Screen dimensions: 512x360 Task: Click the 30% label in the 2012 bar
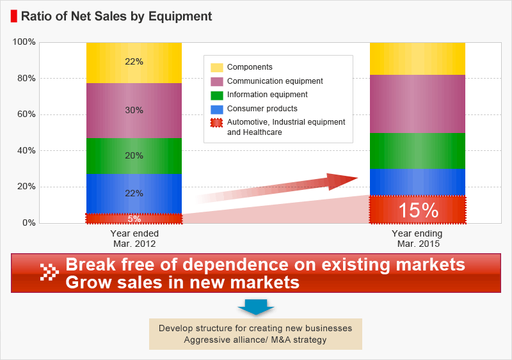[x=134, y=111]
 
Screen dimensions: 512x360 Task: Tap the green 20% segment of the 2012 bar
[x=134, y=156]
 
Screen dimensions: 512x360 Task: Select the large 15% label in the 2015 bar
[x=419, y=210]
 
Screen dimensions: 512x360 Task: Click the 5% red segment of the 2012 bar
[x=134, y=219]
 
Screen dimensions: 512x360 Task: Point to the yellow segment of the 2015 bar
[x=418, y=59]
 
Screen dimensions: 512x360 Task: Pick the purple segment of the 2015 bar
[x=418, y=104]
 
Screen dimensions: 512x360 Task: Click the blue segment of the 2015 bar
[x=418, y=182]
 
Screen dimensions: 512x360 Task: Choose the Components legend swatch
[x=217, y=68]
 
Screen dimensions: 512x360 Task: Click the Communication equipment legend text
[x=275, y=81]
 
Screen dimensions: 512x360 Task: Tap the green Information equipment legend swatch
[x=217, y=95]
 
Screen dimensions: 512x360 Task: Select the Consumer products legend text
[x=262, y=109]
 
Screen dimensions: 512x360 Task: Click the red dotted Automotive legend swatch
[x=216, y=123]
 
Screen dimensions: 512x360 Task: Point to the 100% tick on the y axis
[x=24, y=42]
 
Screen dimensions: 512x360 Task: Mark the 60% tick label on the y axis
[x=26, y=114]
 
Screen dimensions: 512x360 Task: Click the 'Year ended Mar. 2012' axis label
[x=134, y=239]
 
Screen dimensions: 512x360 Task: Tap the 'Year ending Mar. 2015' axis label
[x=418, y=239]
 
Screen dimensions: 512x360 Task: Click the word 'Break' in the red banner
[x=91, y=264]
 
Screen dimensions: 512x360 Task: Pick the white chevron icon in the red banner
[x=49, y=272]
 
